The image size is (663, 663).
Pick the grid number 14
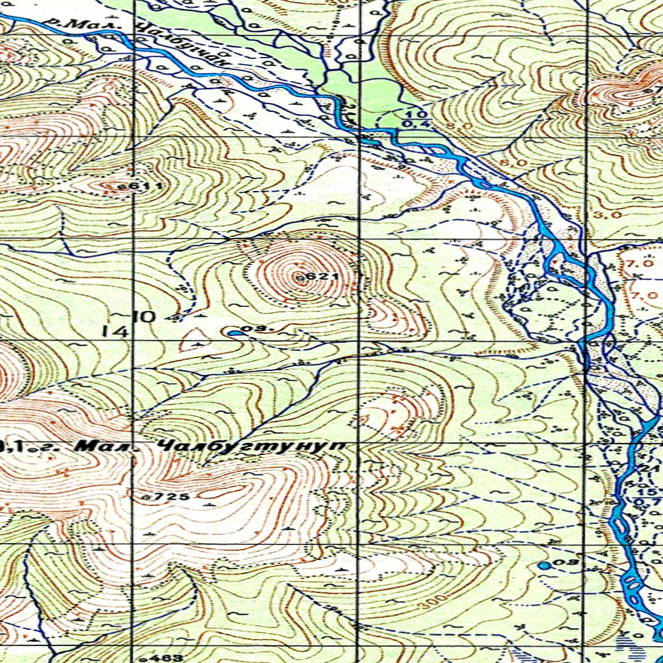click(115, 331)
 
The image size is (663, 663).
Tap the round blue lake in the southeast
click(545, 565)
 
